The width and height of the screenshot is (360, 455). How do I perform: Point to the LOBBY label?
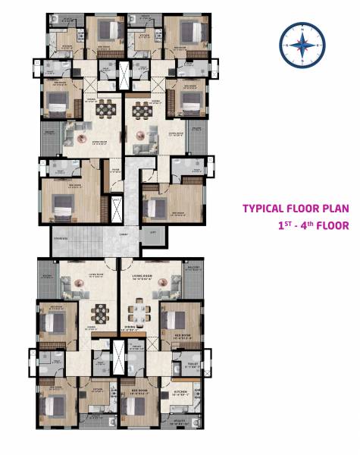(x=123, y=234)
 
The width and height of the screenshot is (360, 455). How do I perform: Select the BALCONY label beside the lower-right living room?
(x=193, y=268)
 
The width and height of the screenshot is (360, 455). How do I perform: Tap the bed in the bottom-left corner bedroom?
(x=52, y=406)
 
